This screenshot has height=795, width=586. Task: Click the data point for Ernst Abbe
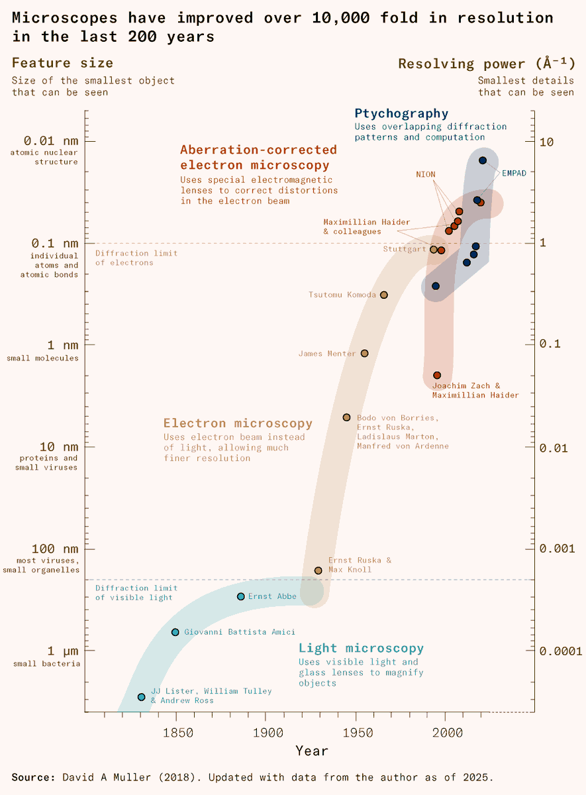pyautogui.click(x=241, y=596)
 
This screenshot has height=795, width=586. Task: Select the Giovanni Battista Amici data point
pyautogui.click(x=175, y=632)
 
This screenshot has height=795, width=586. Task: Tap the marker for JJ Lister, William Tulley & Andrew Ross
pyautogui.click(x=141, y=697)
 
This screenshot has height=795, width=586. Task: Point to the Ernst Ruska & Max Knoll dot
pyautogui.click(x=318, y=570)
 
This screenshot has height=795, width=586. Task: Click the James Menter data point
pyautogui.click(x=364, y=353)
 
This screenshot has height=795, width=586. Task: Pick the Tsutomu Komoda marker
pyautogui.click(x=384, y=295)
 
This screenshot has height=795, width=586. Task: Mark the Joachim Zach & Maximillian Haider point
pyautogui.click(x=437, y=376)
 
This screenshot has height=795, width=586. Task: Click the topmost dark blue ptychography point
pyautogui.click(x=483, y=160)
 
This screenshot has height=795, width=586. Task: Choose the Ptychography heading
pyautogui.click(x=401, y=113)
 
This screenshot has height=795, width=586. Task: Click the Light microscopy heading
pyautogui.click(x=361, y=648)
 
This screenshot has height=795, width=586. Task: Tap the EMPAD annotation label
pyautogui.click(x=514, y=174)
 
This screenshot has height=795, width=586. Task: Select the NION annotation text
pyautogui.click(x=426, y=174)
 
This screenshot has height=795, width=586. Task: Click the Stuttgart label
pyautogui.click(x=405, y=249)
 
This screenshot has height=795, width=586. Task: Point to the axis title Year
pyautogui.click(x=311, y=751)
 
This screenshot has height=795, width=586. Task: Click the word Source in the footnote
pyautogui.click(x=33, y=777)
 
